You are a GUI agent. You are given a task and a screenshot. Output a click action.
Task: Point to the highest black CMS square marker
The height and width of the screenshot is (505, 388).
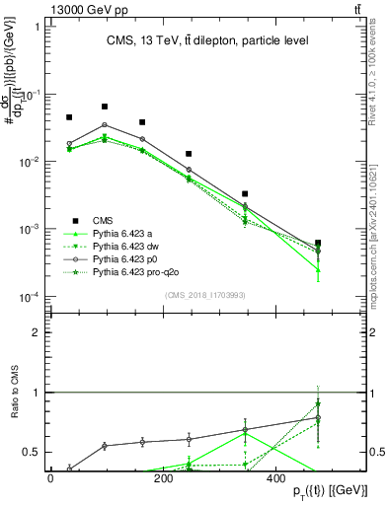(x=105, y=107)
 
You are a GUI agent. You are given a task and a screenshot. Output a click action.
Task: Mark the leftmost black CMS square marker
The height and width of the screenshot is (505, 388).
(x=69, y=117)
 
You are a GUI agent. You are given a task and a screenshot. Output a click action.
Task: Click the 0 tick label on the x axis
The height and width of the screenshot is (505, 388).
(x=50, y=477)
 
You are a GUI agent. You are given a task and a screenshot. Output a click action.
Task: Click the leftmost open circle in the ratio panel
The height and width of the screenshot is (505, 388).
(x=69, y=469)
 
